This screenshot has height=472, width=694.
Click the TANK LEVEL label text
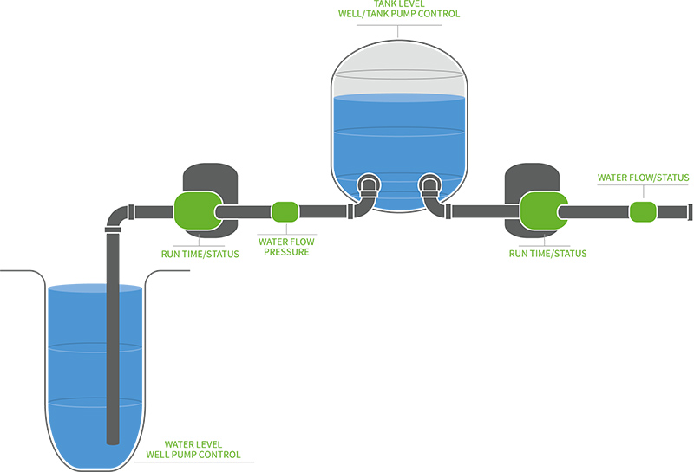pyautogui.click(x=397, y=3)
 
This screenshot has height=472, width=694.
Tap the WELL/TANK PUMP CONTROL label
pyautogui.click(x=397, y=15)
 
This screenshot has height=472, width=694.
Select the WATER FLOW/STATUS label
pyautogui.click(x=643, y=178)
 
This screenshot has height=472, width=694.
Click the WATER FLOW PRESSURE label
pyautogui.click(x=285, y=247)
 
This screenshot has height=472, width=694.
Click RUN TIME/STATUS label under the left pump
pyautogui.click(x=199, y=255)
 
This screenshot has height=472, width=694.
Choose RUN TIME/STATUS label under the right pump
pyautogui.click(x=547, y=254)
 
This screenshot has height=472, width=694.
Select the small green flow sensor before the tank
pyautogui.click(x=285, y=211)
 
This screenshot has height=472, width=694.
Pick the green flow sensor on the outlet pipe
pyautogui.click(x=643, y=211)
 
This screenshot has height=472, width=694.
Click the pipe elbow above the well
pyautogui.click(x=117, y=217)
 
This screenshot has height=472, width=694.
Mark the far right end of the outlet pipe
pyautogui.click(x=690, y=211)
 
